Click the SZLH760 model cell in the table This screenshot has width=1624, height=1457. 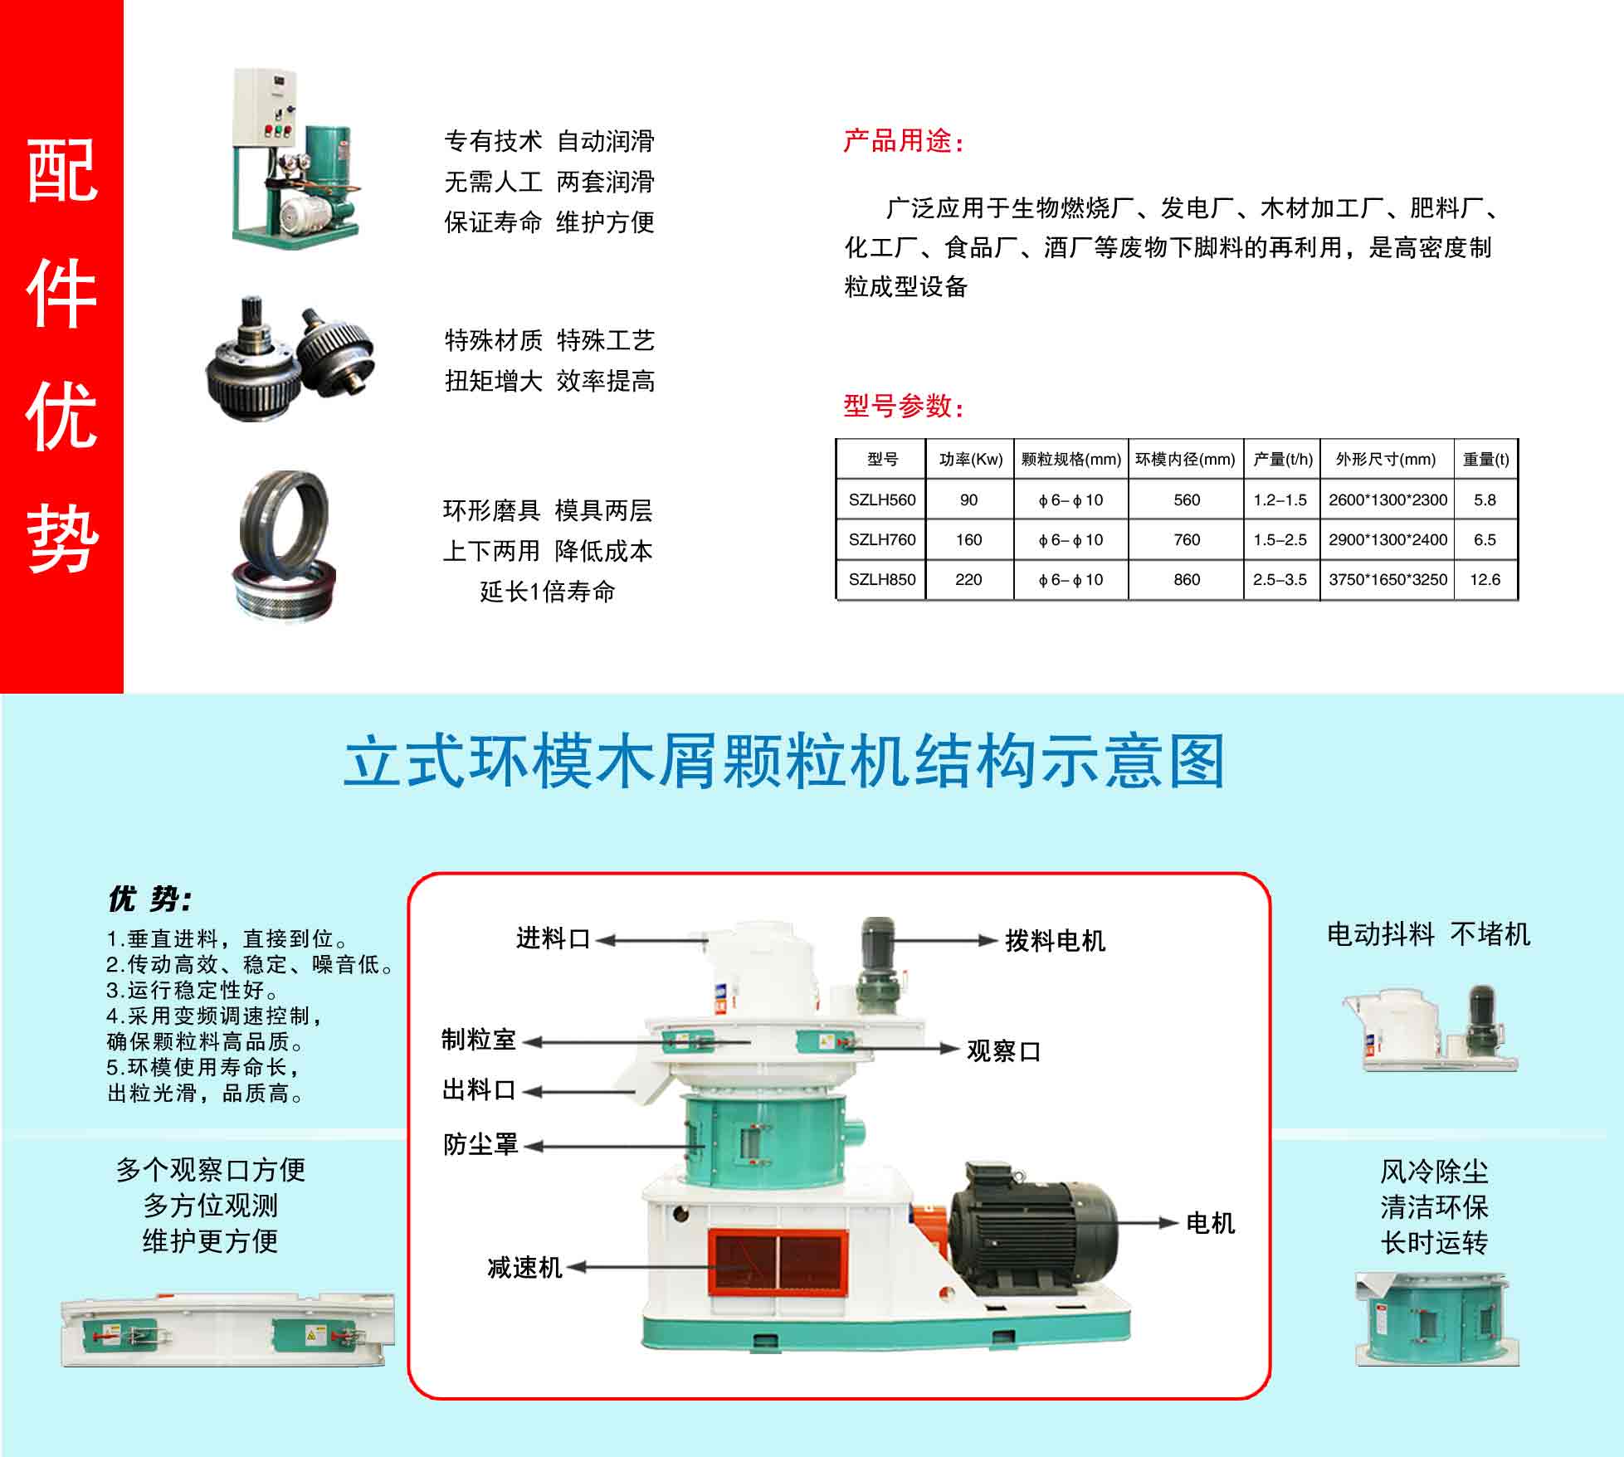point(881,540)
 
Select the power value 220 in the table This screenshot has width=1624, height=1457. point(968,580)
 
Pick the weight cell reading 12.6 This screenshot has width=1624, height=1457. point(1485,580)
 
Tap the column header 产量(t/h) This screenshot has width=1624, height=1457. point(1282,460)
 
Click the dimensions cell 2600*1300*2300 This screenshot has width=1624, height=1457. point(1387,500)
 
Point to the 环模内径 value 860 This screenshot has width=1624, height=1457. point(1187,580)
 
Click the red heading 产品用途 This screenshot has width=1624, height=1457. point(903,142)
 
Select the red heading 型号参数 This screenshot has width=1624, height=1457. point(903,406)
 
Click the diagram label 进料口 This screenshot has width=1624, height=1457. point(553,939)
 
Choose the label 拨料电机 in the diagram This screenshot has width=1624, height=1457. point(1055,941)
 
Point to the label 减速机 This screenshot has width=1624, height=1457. point(524,1268)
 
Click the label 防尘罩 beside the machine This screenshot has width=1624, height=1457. point(480,1145)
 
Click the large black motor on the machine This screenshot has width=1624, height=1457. point(1033,1236)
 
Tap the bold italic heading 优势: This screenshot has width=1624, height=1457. point(150,899)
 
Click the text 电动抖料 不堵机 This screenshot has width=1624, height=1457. point(1428,935)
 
